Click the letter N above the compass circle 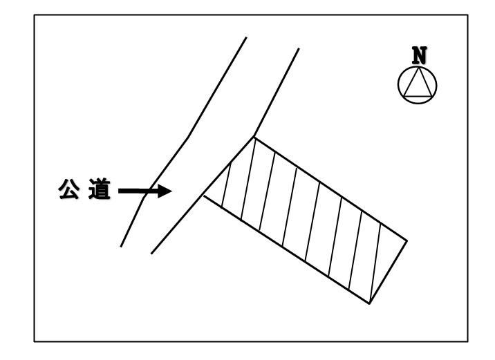[x=419, y=55]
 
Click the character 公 [x=69, y=189]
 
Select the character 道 [x=100, y=189]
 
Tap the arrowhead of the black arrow [x=165, y=191]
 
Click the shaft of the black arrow [x=138, y=191]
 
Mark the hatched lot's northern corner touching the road [x=254, y=137]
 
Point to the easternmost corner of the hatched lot [x=407, y=240]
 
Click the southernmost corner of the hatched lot [x=369, y=303]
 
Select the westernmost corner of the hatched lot [x=205, y=196]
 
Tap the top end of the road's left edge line [x=246, y=37]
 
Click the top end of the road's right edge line [x=299, y=48]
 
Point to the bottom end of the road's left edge [x=121, y=247]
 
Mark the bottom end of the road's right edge [x=151, y=254]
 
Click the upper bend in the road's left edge [x=189, y=137]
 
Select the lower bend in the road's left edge [x=144, y=198]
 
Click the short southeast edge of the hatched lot [x=388, y=272]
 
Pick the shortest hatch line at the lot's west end [x=226, y=185]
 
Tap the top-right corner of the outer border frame [x=467, y=15]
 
